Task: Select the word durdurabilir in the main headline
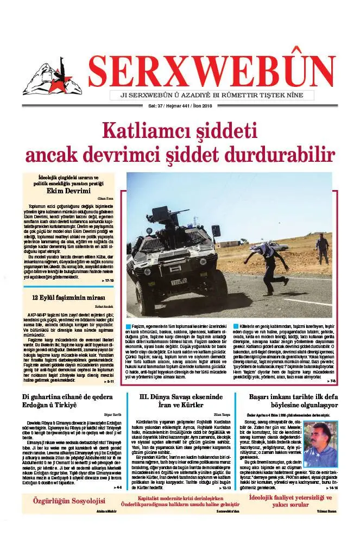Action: pyautogui.click(x=282, y=154)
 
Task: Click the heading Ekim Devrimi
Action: pyautogui.click(x=68, y=191)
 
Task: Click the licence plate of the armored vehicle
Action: pyautogui.click(x=179, y=281)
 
